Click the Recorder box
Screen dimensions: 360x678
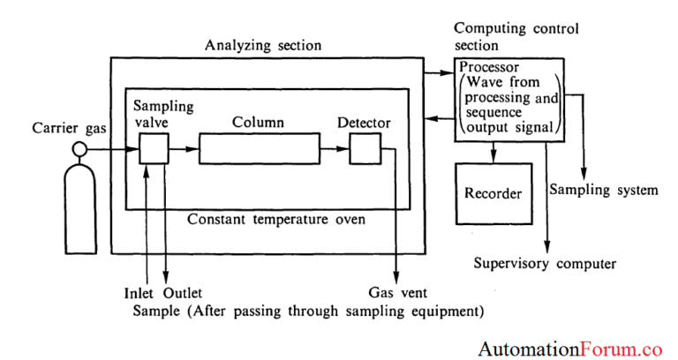tap(493, 193)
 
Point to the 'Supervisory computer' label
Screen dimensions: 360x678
tap(545, 263)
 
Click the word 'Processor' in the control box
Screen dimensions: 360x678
tap(490, 67)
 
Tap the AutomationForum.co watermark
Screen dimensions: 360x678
tap(570, 348)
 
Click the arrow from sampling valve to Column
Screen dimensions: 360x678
tap(183, 150)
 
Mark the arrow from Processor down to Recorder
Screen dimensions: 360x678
tap(493, 152)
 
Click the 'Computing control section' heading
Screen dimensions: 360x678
tap(516, 36)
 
